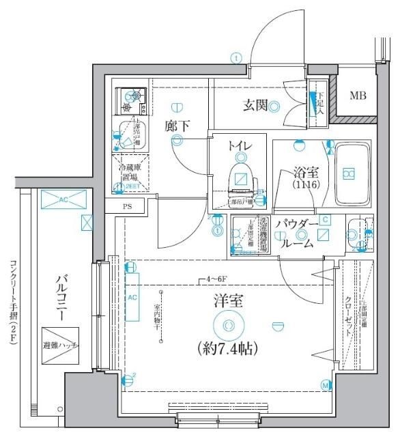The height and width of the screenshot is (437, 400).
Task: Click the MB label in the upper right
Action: pos(358,95)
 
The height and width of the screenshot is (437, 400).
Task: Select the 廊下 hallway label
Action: pos(176,126)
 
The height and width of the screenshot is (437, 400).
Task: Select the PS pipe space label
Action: pos(127,206)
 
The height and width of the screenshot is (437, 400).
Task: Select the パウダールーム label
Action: pos(298,234)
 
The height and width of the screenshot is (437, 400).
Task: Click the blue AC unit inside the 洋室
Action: pos(132,297)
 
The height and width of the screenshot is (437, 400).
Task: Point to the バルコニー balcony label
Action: pos(61,299)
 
